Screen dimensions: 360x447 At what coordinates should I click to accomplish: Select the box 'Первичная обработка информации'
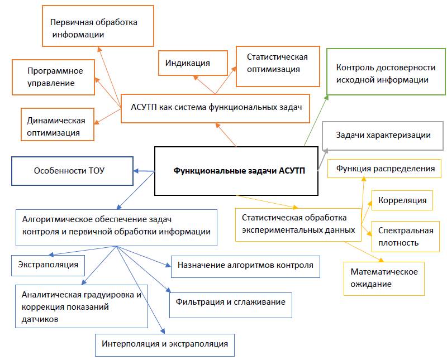coord(98,26)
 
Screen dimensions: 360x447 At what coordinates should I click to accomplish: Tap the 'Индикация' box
coord(193,64)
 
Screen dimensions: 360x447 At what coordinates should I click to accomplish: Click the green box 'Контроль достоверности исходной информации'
coord(386,73)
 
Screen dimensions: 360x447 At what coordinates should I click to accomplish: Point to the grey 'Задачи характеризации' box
coord(383,136)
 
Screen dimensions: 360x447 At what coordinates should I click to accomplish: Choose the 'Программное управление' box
coord(55,77)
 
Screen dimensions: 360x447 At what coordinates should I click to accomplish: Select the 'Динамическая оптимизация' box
coord(56,126)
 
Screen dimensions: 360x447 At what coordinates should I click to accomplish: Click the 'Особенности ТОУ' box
coord(72,171)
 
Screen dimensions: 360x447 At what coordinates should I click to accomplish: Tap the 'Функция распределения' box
coord(384,169)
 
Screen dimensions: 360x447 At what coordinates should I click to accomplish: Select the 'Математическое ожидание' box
coord(384,277)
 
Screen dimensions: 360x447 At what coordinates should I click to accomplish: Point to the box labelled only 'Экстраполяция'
coord(48,264)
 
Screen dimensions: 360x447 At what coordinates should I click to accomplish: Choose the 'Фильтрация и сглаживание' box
coord(230,302)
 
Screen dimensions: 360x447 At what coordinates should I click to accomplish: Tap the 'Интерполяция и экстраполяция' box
coord(164,344)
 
